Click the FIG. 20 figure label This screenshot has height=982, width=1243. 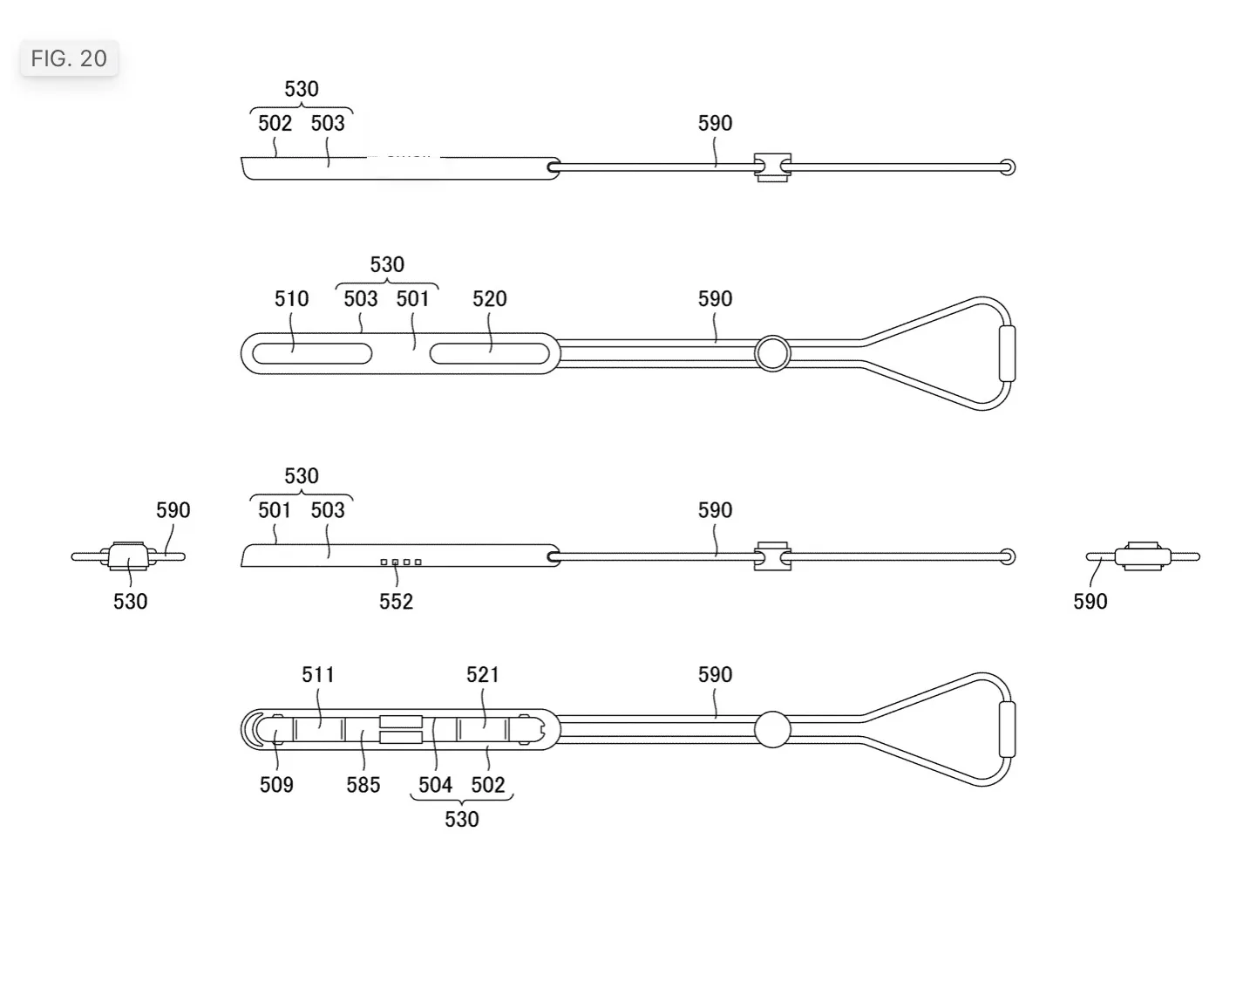69,58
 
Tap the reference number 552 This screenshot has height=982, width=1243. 397,602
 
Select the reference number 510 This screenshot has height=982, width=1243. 292,299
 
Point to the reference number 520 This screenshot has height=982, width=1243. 490,299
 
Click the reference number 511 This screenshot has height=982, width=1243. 318,674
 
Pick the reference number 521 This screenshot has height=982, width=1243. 483,674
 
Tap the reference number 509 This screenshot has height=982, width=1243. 276,785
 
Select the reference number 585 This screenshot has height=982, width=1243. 363,785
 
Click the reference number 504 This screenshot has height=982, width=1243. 436,785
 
